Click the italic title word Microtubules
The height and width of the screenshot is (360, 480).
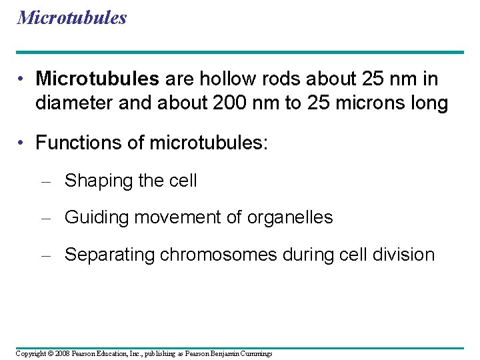click(72, 17)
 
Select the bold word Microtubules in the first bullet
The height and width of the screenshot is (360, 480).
click(97, 79)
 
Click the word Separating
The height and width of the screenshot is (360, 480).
click(110, 255)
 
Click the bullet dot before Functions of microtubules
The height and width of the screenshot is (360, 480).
click(22, 143)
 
